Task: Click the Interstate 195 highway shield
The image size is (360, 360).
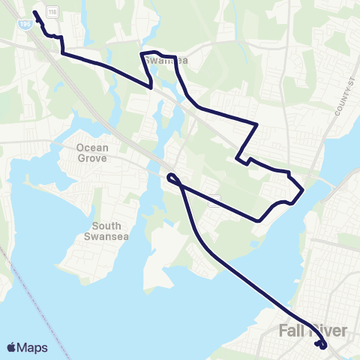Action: click(x=25, y=25)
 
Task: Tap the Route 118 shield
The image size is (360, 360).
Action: click(x=52, y=12)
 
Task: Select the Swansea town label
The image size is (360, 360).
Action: click(x=162, y=61)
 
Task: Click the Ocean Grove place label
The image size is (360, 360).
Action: click(x=92, y=153)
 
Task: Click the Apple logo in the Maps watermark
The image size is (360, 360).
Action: click(x=12, y=347)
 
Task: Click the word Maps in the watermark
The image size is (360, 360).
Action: click(x=32, y=347)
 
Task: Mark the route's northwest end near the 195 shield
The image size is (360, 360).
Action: click(x=35, y=13)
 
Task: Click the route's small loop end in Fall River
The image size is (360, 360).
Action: click(x=322, y=345)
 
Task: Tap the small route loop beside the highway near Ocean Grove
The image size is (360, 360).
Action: click(x=172, y=178)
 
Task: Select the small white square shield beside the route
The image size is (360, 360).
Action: click(x=214, y=199)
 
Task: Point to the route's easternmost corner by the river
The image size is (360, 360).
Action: click(x=303, y=190)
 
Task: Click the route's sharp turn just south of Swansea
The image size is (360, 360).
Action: click(x=153, y=87)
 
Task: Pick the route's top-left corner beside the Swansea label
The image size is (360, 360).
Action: click(x=142, y=53)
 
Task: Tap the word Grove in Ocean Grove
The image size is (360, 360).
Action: click(x=92, y=158)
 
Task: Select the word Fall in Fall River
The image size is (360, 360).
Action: click(x=292, y=330)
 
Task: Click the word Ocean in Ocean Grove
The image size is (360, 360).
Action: click(x=92, y=148)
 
